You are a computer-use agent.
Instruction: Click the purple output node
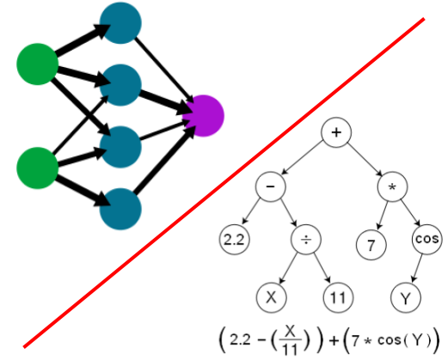[x=204, y=113]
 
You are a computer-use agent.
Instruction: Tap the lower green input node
[x=38, y=166]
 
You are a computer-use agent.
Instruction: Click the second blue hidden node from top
[x=120, y=83]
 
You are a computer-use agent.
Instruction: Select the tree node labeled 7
[x=370, y=243]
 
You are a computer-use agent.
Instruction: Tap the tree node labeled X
[x=271, y=298]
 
